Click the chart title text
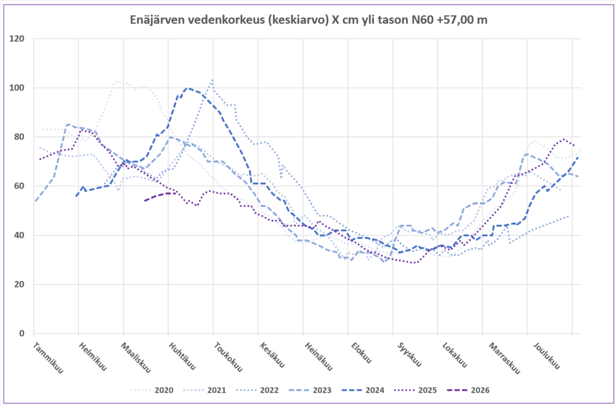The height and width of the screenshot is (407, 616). (x=309, y=20)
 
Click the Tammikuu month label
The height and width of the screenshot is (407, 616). (x=48, y=357)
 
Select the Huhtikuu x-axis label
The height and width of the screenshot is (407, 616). (x=182, y=357)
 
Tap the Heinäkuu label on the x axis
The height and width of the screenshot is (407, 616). (x=316, y=357)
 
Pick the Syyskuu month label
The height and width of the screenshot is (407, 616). (x=407, y=355)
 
